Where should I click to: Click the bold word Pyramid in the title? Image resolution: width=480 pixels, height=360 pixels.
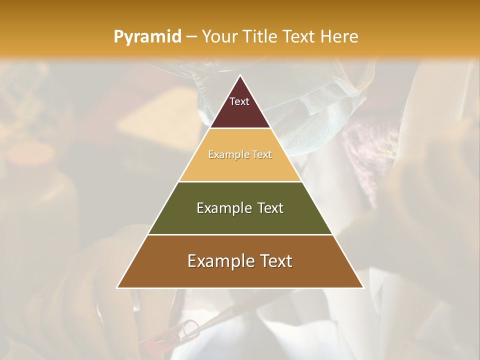pyautogui.click(x=147, y=37)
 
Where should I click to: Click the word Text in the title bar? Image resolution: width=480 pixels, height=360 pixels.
pyautogui.click(x=299, y=37)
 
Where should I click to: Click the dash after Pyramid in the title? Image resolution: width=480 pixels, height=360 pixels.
pyautogui.click(x=191, y=37)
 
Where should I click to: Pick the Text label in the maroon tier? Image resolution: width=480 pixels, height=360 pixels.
pyautogui.click(x=239, y=102)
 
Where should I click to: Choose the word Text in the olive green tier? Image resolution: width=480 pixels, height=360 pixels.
pyautogui.click(x=270, y=208)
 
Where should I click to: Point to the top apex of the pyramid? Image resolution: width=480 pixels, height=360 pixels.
pyautogui.click(x=240, y=75)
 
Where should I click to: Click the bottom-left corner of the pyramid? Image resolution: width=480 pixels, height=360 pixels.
pyautogui.click(x=117, y=288)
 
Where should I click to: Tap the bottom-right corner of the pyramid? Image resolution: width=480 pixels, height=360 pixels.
pyautogui.click(x=363, y=288)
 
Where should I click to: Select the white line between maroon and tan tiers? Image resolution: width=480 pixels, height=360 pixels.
pyautogui.click(x=240, y=128)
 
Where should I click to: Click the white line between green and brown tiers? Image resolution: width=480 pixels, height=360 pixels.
pyautogui.click(x=240, y=234)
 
